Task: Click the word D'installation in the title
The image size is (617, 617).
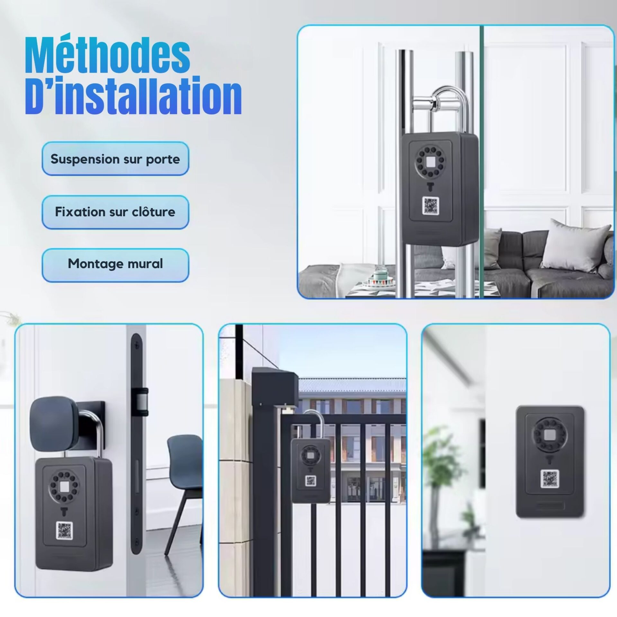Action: (133, 96)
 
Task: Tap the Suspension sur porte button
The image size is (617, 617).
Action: (115, 159)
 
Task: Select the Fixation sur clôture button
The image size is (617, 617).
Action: (115, 212)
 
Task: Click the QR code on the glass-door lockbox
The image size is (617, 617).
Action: (431, 206)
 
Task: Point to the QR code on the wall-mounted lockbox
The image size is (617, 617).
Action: (550, 478)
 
